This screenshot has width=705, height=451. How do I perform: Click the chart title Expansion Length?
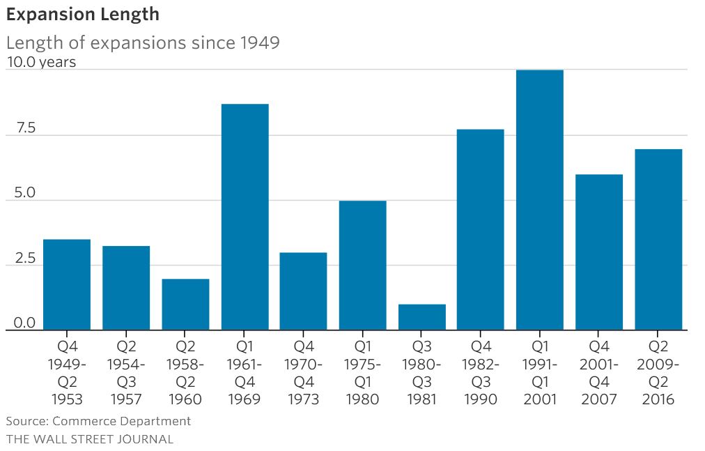pyautogui.click(x=82, y=14)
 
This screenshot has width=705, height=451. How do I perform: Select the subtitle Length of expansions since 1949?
pyautogui.click(x=143, y=43)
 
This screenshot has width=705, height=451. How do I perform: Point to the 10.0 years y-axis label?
pyautogui.click(x=41, y=62)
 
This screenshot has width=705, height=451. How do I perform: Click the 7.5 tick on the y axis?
pyautogui.click(x=21, y=128)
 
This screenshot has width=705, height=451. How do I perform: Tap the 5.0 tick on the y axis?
pyautogui.click(x=21, y=193)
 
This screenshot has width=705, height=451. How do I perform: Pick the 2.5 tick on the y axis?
pyautogui.click(x=21, y=259)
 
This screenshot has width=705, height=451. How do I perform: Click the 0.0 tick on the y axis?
pyautogui.click(x=21, y=323)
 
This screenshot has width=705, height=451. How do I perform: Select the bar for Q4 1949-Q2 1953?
pyautogui.click(x=67, y=284)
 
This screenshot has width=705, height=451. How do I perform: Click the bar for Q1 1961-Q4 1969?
pyautogui.click(x=245, y=217)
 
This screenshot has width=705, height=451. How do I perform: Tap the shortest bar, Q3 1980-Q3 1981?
pyautogui.click(x=421, y=317)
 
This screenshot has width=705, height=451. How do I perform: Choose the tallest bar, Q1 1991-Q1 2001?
pyautogui.click(x=540, y=200)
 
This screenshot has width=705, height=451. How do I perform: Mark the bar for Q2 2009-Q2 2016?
pyautogui.click(x=658, y=239)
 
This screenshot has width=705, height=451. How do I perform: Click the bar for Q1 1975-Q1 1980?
pyautogui.click(x=362, y=265)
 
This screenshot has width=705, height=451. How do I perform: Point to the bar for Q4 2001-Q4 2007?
pyautogui.click(x=599, y=252)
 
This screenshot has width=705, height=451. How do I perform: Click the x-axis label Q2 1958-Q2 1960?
pyautogui.click(x=185, y=372)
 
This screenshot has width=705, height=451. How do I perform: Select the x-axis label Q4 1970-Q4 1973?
pyautogui.click(x=303, y=372)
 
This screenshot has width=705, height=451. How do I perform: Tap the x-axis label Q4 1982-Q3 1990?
pyautogui.click(x=481, y=372)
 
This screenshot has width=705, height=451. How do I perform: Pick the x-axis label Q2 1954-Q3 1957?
pyautogui.click(x=126, y=372)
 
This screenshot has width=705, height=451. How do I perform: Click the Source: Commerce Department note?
pyautogui.click(x=98, y=421)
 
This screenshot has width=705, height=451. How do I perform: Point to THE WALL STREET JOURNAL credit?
pyautogui.click(x=90, y=439)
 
